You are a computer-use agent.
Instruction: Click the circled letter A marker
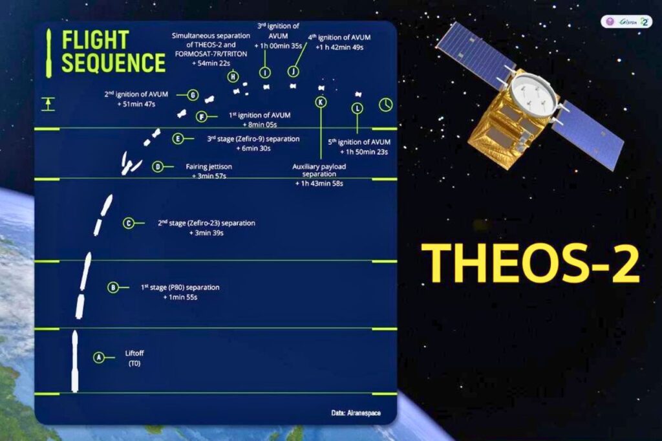99,356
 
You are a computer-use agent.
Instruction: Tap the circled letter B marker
113,288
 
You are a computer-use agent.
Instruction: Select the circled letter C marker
129,224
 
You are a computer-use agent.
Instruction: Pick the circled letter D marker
158,167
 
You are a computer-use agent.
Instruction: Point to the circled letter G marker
193,96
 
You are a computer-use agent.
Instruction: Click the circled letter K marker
321,102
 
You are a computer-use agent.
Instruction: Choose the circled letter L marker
357,109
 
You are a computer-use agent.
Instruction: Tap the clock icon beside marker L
385,104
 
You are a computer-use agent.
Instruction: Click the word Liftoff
136,354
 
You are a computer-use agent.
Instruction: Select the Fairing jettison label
208,166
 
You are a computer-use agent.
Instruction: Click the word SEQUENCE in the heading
114,63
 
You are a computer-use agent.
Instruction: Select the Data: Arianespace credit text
359,412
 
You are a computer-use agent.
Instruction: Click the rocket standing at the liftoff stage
74,362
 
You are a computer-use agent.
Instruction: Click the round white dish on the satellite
532,94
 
